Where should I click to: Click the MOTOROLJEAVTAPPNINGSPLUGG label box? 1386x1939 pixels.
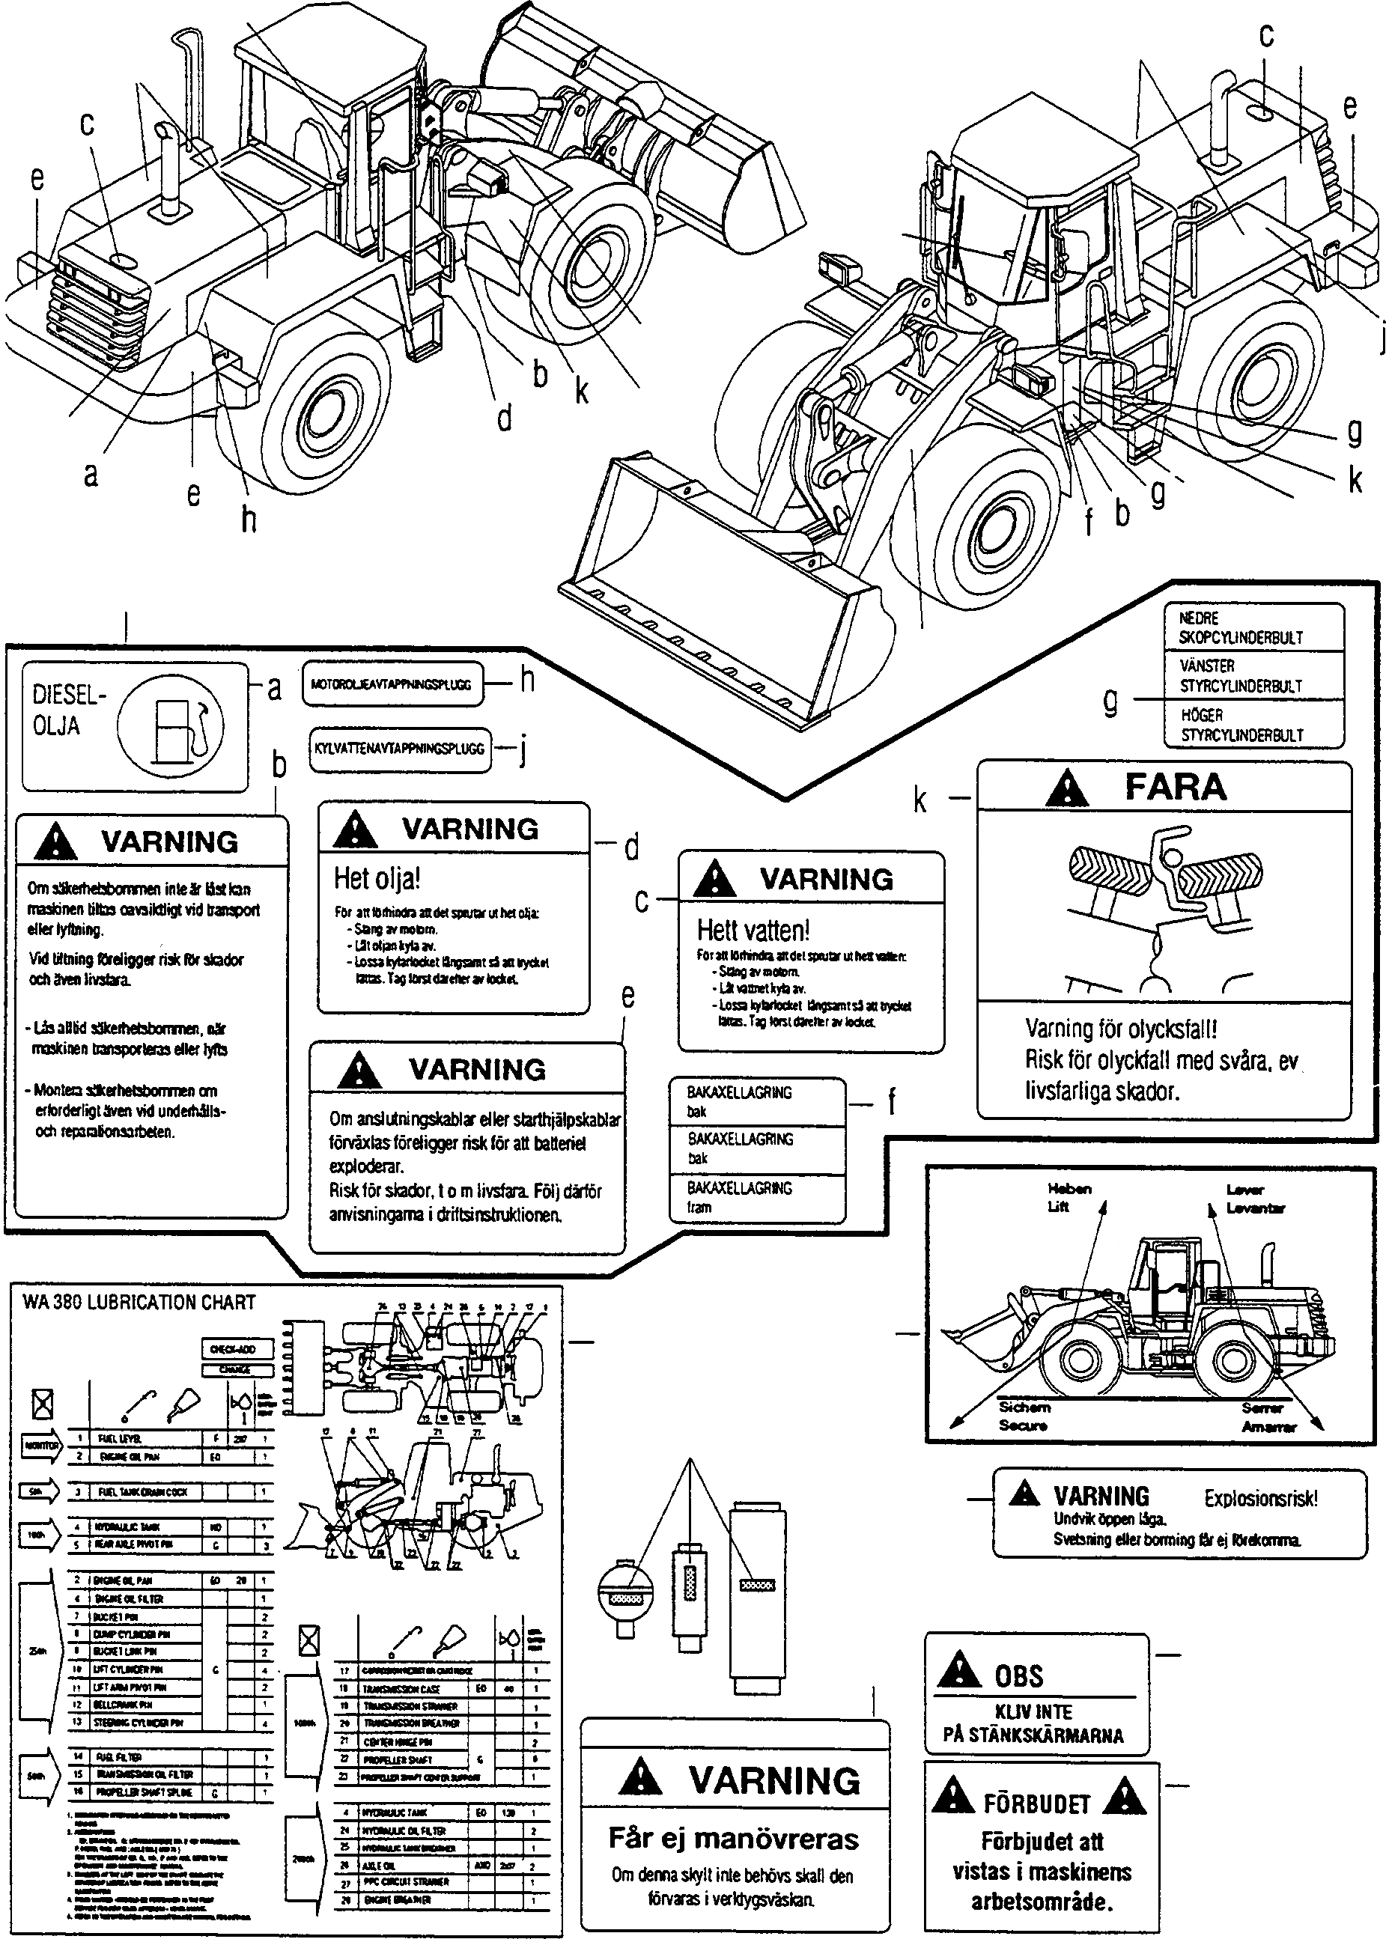pos(392,684)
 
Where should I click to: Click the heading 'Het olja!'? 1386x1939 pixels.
pos(377,878)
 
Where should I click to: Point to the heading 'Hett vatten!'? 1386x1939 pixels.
pos(753,929)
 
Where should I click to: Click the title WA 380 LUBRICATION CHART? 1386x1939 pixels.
pos(139,1302)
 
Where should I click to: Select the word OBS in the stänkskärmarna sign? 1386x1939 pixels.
pos(1018,1675)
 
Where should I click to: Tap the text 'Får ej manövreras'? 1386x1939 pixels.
pos(733,1839)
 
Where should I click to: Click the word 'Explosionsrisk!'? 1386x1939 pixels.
pos(1260,1498)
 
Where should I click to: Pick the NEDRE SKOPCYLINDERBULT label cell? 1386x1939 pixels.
pos(1253,627)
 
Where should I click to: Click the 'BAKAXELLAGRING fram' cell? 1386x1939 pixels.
pos(757,1197)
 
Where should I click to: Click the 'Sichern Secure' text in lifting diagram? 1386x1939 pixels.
pos(1024,1416)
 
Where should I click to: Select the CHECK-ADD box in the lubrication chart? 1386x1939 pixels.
pos(238,1348)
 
